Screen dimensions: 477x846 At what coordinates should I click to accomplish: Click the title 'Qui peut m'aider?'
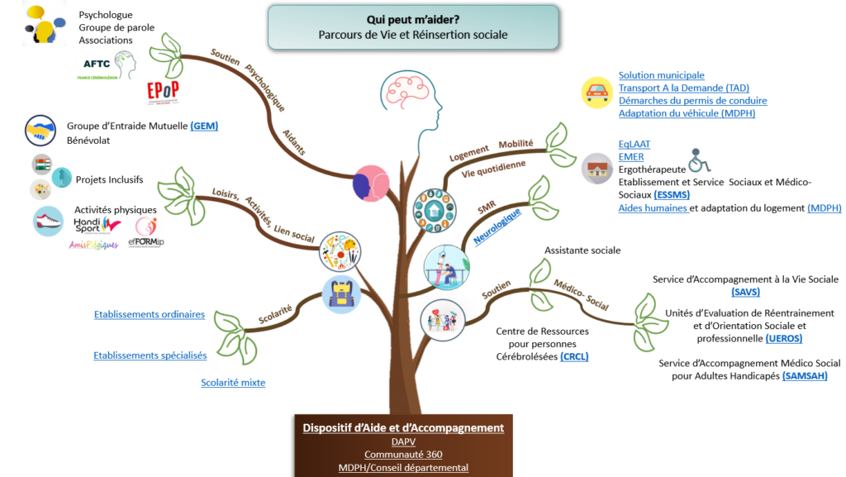(x=413, y=19)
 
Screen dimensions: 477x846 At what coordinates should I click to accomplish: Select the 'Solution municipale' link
(x=661, y=75)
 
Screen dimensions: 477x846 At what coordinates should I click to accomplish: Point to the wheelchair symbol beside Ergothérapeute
(x=700, y=159)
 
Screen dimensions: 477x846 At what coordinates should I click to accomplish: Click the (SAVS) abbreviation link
(x=745, y=292)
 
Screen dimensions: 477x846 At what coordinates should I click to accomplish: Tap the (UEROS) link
(x=783, y=338)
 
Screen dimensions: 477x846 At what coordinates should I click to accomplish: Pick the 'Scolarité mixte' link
(x=233, y=382)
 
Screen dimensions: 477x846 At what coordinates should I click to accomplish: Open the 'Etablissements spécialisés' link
(x=150, y=355)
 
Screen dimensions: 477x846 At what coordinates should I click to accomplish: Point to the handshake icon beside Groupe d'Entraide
(x=40, y=131)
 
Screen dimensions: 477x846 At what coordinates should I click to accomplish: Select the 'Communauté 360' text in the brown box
(x=403, y=454)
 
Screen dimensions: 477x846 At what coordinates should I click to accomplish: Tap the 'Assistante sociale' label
(x=582, y=250)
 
